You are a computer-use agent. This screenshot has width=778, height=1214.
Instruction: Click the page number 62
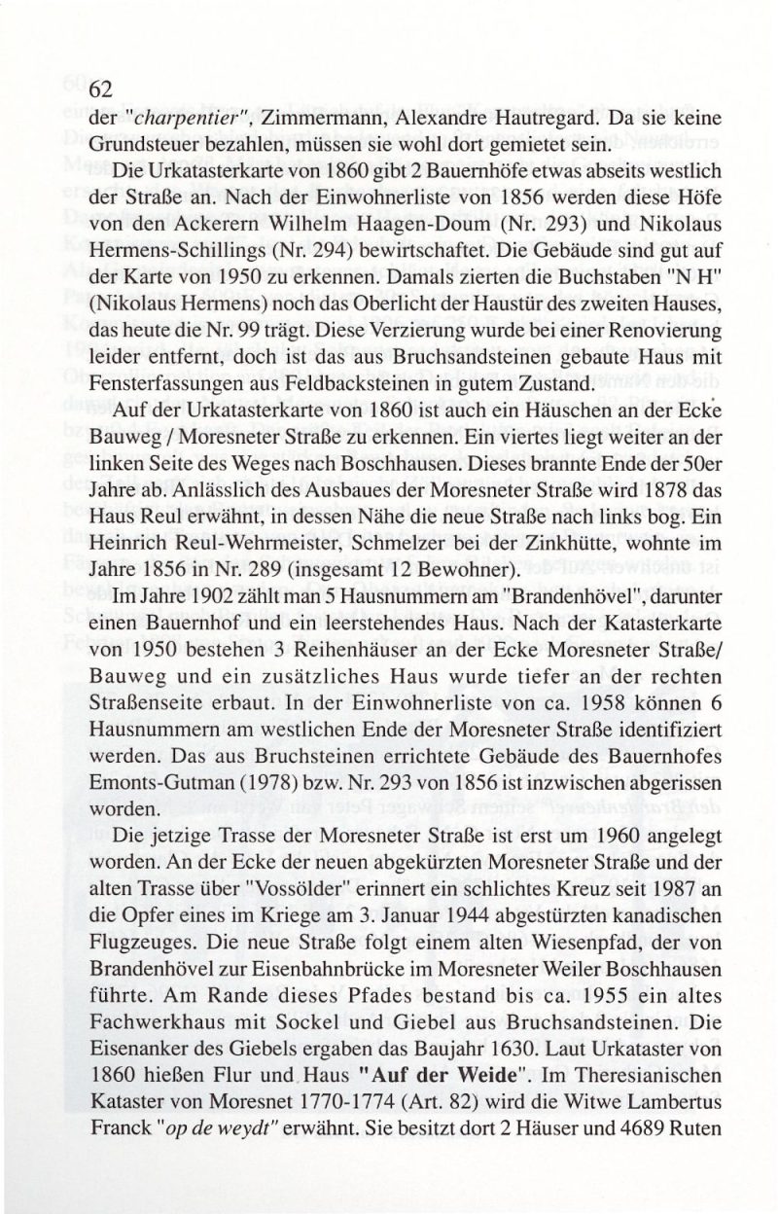click(x=102, y=89)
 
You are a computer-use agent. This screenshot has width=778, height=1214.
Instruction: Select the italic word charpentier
click(x=185, y=121)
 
